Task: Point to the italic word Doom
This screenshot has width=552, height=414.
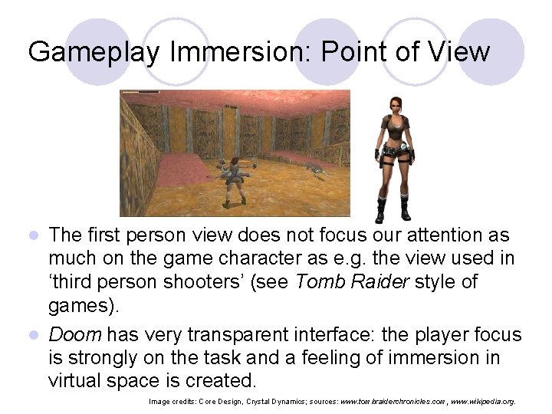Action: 74,335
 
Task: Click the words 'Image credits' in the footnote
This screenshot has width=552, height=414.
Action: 171,400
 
